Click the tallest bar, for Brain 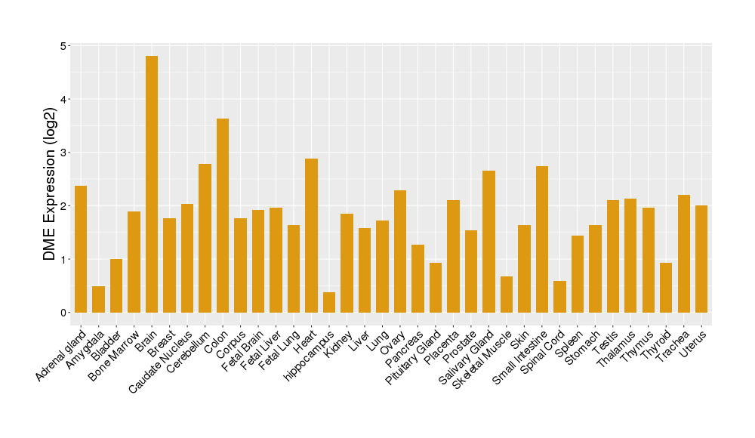click(152, 184)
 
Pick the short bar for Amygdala click(98, 299)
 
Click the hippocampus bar click(329, 302)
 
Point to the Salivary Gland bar click(488, 242)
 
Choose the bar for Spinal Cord click(559, 297)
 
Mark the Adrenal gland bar click(81, 249)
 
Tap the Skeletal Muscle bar click(507, 295)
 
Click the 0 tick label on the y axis click(63, 313)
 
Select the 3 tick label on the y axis click(63, 153)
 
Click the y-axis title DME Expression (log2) click(50, 179)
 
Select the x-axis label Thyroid click(659, 345)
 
